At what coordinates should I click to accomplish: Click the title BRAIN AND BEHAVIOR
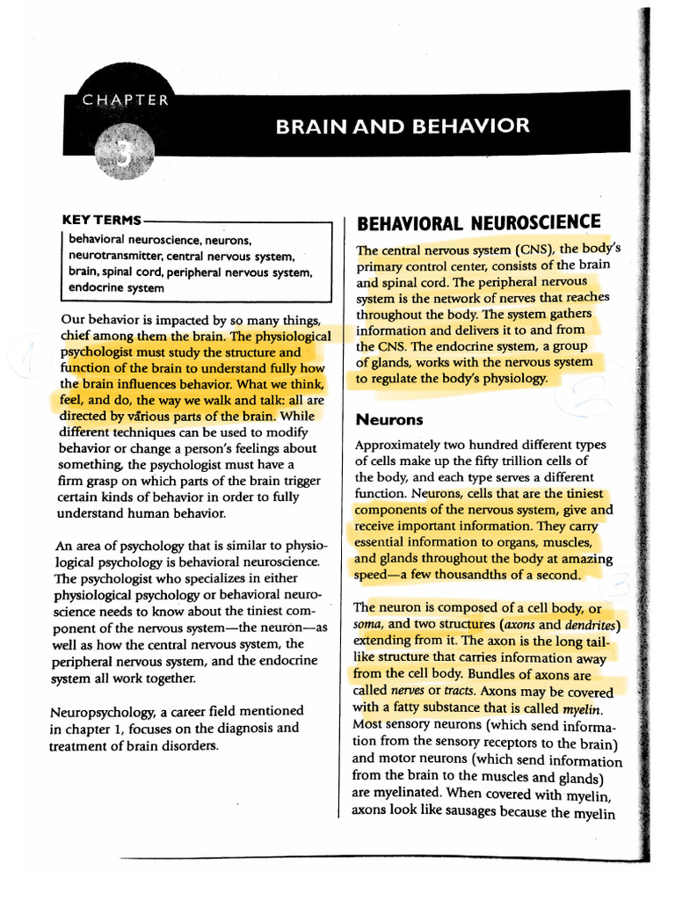(403, 126)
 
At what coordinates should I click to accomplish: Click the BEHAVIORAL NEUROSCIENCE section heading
(478, 222)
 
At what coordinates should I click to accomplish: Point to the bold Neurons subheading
(389, 419)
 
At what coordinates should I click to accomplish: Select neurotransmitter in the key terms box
(116, 256)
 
